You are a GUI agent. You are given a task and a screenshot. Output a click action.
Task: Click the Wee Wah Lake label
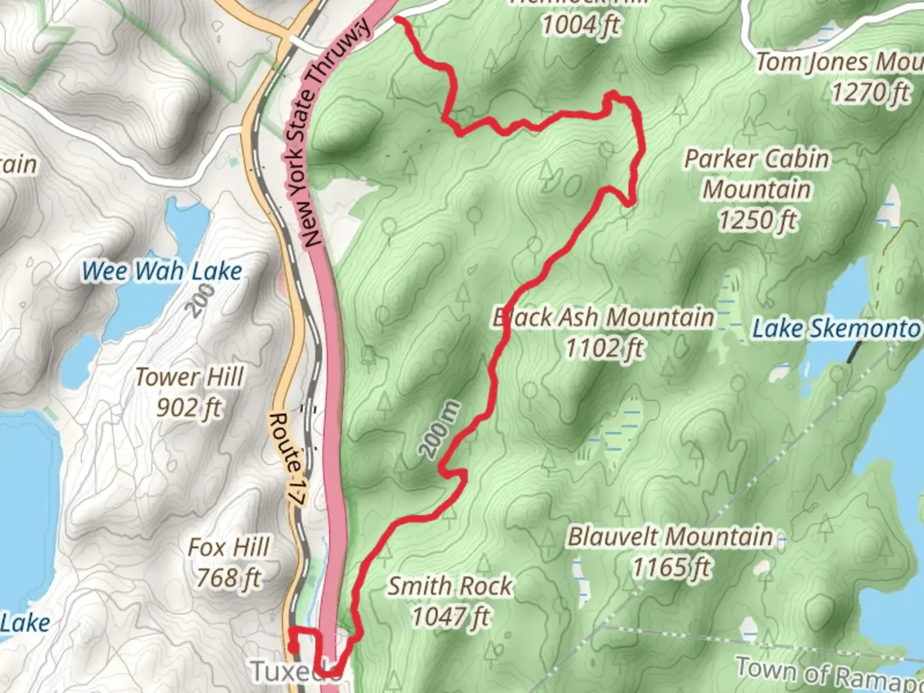[x=162, y=271]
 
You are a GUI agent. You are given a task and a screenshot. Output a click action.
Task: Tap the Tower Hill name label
[x=189, y=377]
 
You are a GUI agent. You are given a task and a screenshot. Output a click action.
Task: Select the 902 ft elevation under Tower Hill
[x=189, y=407]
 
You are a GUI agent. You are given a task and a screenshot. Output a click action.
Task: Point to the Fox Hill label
[x=229, y=548]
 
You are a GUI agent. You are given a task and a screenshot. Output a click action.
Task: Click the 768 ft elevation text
[x=229, y=578]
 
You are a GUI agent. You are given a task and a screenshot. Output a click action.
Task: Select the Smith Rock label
[x=450, y=586]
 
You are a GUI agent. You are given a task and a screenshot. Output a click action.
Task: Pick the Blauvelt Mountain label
[x=671, y=536]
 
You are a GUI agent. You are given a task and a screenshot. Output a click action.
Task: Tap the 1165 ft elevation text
[x=672, y=567]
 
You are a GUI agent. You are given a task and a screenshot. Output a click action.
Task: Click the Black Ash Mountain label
[x=603, y=318]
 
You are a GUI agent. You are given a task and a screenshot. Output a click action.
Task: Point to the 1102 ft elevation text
[x=604, y=348]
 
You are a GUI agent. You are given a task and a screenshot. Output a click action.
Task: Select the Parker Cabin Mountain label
[x=757, y=174]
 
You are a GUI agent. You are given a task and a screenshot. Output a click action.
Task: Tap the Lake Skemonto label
[x=836, y=329]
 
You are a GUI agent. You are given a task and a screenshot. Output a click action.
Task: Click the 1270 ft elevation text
[x=870, y=93]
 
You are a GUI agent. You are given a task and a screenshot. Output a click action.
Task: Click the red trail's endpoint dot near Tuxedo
[x=293, y=648]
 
